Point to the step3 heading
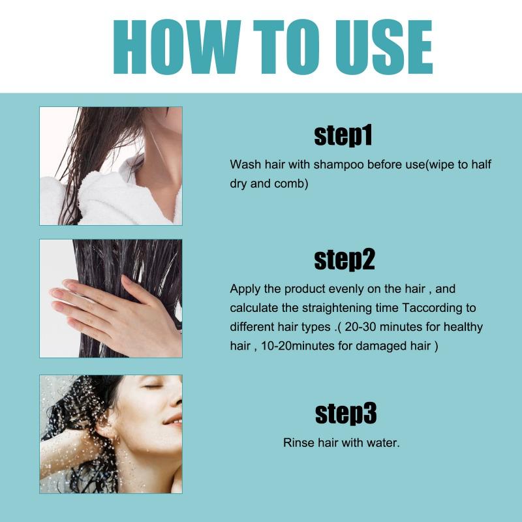(x=345, y=413)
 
